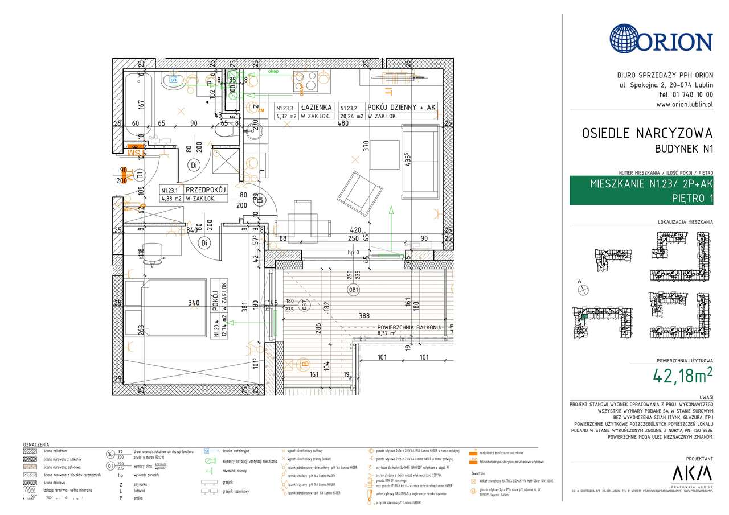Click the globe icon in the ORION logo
pyautogui.click(x=627, y=39)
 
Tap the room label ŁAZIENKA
pyautogui.click(x=317, y=107)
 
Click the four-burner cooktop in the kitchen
pyautogui.click(x=304, y=83)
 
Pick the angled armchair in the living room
pyautogui.click(x=354, y=191)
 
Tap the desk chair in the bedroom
pyautogui.click(x=152, y=254)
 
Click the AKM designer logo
pyautogui.click(x=692, y=473)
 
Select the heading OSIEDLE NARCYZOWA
pyautogui.click(x=647, y=133)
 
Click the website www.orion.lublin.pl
pyautogui.click(x=684, y=104)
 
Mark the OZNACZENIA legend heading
pyautogui.click(x=36, y=444)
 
